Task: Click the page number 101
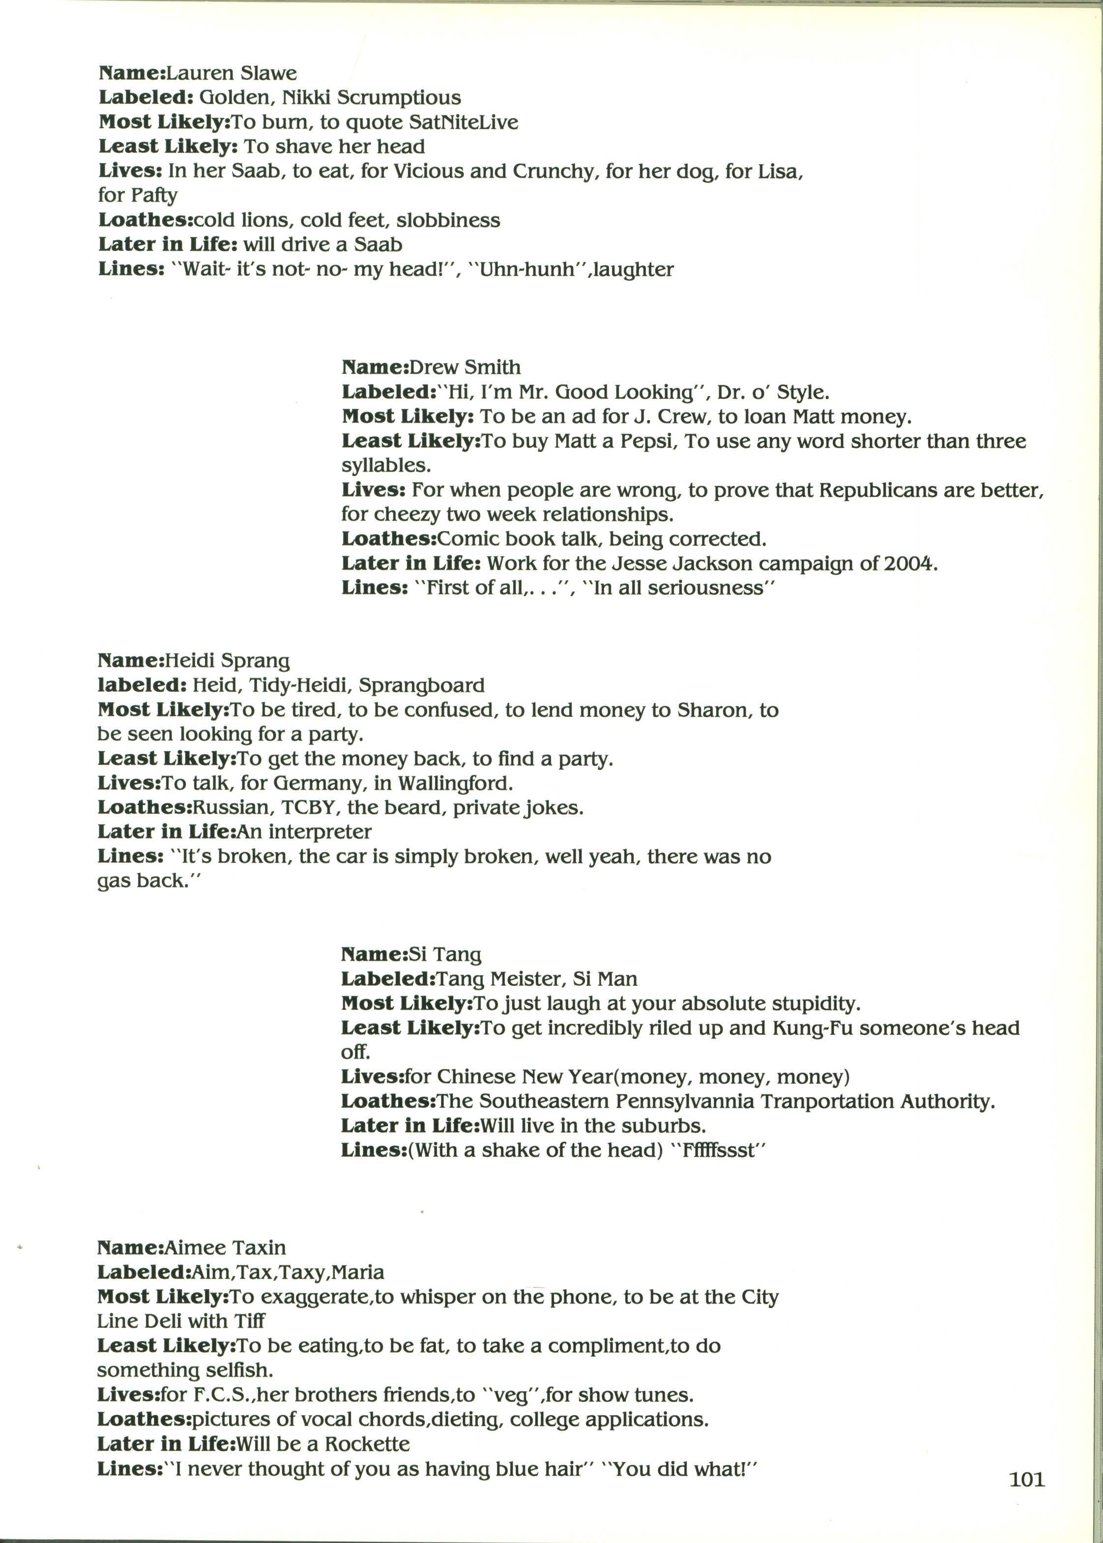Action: (1026, 1479)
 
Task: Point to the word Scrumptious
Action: (399, 98)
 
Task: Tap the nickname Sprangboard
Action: (421, 686)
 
